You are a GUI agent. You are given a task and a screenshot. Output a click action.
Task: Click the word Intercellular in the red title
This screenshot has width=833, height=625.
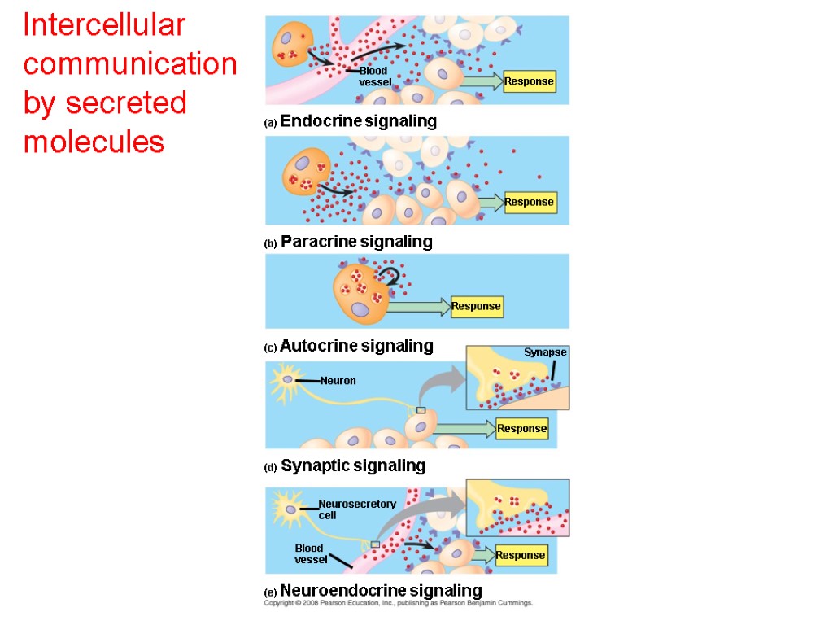click(x=104, y=26)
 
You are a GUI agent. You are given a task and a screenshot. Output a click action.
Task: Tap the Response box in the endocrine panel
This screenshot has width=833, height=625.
click(x=529, y=81)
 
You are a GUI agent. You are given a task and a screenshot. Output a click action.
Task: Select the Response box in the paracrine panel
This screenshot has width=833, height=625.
click(x=529, y=202)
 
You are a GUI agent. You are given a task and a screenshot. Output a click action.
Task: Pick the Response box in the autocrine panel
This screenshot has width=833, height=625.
click(x=476, y=307)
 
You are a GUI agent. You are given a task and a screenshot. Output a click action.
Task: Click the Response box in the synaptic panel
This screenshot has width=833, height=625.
click(x=521, y=429)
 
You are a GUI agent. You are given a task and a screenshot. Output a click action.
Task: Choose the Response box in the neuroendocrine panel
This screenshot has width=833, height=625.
click(x=520, y=556)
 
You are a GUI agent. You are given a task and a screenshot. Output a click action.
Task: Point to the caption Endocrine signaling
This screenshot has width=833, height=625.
click(x=358, y=122)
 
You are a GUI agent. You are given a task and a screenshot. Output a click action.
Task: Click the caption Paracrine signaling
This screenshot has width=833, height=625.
click(x=356, y=243)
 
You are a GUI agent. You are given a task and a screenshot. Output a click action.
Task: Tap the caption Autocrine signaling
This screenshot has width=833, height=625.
click(x=356, y=347)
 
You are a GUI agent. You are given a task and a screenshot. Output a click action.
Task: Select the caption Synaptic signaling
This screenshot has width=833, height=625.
click(x=352, y=466)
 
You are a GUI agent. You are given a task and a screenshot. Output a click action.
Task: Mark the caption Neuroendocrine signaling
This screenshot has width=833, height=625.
click(x=381, y=591)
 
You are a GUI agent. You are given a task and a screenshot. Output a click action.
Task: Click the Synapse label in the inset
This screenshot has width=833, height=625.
click(x=544, y=352)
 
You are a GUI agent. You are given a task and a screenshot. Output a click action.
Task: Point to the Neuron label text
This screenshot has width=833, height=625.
click(x=338, y=381)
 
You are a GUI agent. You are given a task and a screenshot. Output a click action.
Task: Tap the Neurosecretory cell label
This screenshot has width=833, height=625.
click(x=356, y=509)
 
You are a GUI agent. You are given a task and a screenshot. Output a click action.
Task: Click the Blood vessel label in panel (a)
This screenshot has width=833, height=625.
click(x=375, y=76)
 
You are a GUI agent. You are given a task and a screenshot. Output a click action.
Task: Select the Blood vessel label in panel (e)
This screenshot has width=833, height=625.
click(x=310, y=553)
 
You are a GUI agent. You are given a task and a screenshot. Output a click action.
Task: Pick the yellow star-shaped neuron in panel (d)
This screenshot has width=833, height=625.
click(x=286, y=381)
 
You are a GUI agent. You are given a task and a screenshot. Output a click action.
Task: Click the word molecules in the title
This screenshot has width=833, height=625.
click(x=94, y=142)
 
